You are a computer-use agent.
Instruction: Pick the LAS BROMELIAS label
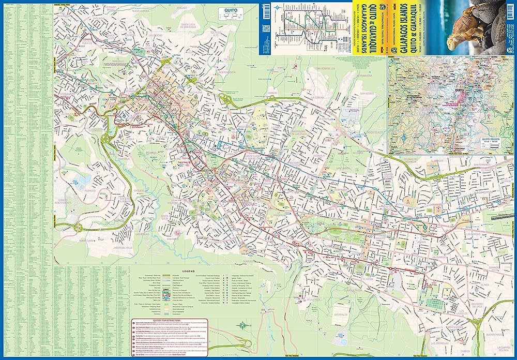(x=444, y=342)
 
